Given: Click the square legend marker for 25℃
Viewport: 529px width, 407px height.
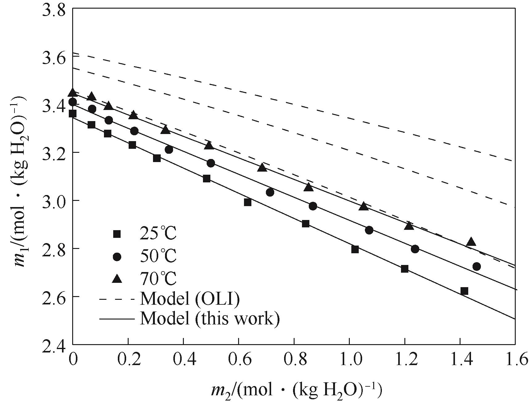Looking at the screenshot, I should (117, 234).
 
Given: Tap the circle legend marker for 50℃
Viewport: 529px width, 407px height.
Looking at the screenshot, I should (117, 257).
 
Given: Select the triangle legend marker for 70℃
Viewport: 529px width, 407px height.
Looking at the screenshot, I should (117, 279).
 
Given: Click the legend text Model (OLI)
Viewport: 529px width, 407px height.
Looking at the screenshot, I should (189, 299).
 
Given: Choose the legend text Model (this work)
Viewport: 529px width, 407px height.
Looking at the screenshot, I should (210, 318).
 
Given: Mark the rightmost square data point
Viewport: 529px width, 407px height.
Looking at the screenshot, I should (464, 291).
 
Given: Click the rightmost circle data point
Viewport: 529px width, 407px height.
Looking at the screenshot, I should (477, 267).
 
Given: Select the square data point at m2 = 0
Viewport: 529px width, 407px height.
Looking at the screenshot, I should (72, 114).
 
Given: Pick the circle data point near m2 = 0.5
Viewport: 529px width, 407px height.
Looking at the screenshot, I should (211, 163).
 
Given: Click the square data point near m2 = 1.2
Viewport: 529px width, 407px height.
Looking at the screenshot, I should (405, 269).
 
